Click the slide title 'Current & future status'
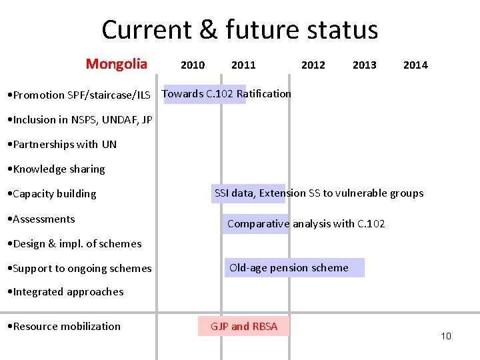(x=239, y=30)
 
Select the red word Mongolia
(x=116, y=64)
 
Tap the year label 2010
(x=193, y=65)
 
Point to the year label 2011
(x=243, y=65)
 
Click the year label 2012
(x=313, y=65)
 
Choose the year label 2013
(x=364, y=65)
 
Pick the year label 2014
(x=415, y=65)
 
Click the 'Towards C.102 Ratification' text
(x=227, y=94)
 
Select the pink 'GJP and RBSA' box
(x=244, y=326)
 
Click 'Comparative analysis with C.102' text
(x=305, y=224)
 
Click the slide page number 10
(x=446, y=336)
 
